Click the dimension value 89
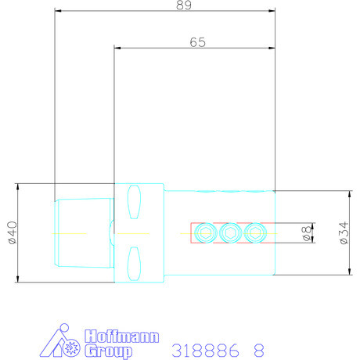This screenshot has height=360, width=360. click(x=184, y=5)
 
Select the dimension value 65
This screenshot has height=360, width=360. click(x=197, y=42)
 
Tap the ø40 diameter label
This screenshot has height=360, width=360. click(x=13, y=232)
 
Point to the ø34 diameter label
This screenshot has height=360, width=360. click(x=344, y=233)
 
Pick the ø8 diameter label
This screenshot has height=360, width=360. click(x=306, y=233)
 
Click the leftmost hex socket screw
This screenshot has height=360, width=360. click(x=207, y=233)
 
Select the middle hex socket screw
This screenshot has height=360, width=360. click(x=231, y=233)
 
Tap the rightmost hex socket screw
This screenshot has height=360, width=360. click(x=255, y=233)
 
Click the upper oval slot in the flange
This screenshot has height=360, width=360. click(x=134, y=202)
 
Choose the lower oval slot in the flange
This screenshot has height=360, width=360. click(x=134, y=264)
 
